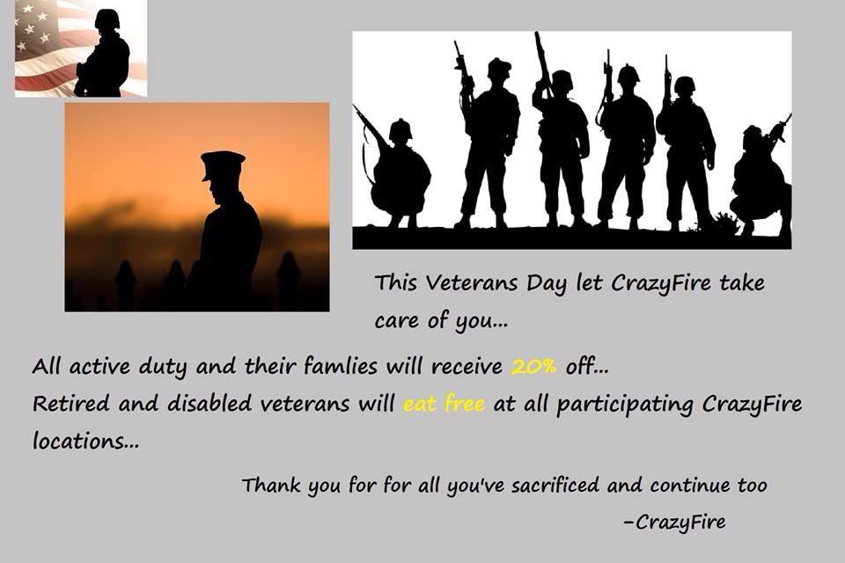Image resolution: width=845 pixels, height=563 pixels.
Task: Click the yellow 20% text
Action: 533,367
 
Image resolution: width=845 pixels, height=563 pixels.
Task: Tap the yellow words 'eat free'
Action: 444,403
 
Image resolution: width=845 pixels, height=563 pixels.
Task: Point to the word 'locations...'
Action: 85,441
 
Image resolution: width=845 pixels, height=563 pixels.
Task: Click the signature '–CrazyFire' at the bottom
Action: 674,522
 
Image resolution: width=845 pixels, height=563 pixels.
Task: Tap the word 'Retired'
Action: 71,403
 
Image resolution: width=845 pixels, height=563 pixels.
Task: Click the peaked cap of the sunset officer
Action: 222,162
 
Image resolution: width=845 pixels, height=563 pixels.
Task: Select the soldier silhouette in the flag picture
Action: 103,54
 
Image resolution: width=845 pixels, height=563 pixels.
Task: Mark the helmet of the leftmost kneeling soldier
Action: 400,129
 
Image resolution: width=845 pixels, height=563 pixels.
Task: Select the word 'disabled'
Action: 209,403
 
